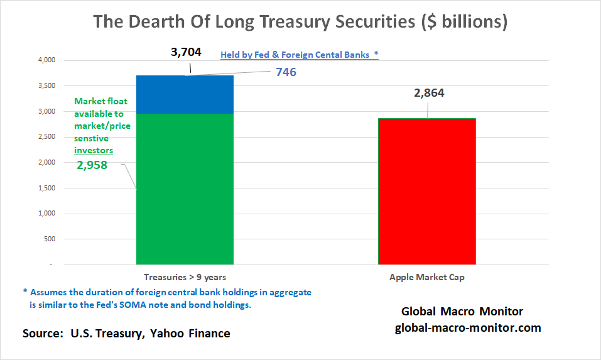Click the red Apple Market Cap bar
tap(426, 191)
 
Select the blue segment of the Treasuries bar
tap(185, 94)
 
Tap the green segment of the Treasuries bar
tap(185, 188)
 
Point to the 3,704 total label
tap(186, 52)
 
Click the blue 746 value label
tap(286, 72)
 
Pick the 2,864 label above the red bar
tap(429, 94)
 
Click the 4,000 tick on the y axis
tap(48, 60)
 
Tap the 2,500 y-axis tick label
tap(48, 137)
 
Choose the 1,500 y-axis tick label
tap(48, 188)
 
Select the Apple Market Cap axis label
tap(426, 277)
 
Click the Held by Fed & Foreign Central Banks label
tap(299, 55)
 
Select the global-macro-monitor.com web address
tap(468, 328)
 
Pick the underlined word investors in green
tap(94, 151)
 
